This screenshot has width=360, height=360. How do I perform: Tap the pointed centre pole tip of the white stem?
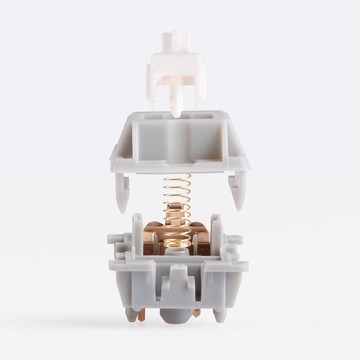point(175,111)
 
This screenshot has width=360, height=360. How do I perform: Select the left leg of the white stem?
point(151,90)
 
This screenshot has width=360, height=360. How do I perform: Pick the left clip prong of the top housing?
point(122,192)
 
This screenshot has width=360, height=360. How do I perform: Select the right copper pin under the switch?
point(196,313)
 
